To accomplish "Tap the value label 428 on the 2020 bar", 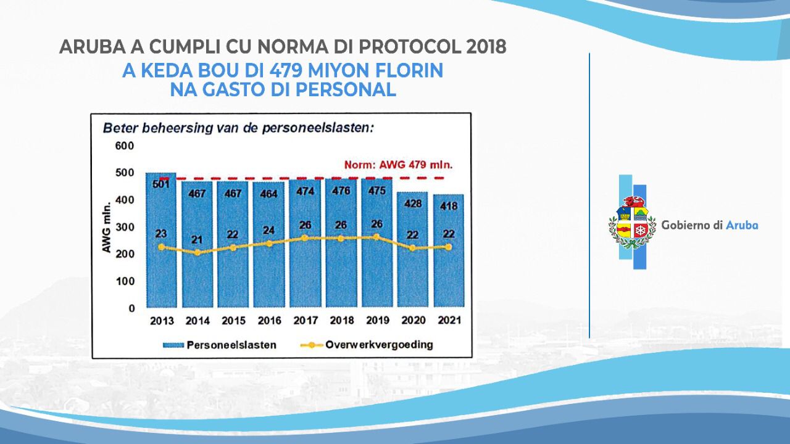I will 413,203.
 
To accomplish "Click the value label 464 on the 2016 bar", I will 269,193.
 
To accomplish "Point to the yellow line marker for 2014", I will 197,252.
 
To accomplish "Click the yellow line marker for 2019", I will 377,237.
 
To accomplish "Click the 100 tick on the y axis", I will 125,281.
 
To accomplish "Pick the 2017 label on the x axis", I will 305,321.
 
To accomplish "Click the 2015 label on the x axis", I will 233,321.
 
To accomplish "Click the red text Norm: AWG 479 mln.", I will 398,165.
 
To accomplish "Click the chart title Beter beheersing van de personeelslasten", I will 238,128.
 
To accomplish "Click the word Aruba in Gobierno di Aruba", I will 742,225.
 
